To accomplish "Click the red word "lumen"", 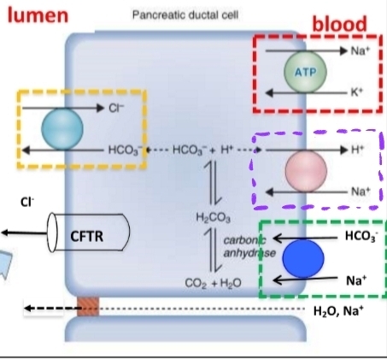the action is coord(38,15).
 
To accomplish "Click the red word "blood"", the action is coord(340,23).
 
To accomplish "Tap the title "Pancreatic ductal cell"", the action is coord(185,15).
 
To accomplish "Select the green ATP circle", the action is coord(305,72).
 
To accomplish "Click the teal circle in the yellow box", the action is coord(62,129).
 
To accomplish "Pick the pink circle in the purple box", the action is coord(306,170).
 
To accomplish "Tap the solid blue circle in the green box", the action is coord(303,258).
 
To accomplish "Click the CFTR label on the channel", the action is coord(87,236).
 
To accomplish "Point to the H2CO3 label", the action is coord(213,218).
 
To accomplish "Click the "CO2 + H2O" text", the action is coord(213,283).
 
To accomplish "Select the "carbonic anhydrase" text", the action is coord(249,246).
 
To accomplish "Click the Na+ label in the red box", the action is coord(361,50).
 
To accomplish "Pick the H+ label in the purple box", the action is coord(357,150).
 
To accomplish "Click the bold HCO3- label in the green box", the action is coord(361,236).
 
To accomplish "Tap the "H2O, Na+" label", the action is coord(338,311).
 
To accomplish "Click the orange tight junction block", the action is coord(88,306).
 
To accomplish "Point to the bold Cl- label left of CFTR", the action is coord(27,202).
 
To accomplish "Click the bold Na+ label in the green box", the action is coord(356,280).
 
